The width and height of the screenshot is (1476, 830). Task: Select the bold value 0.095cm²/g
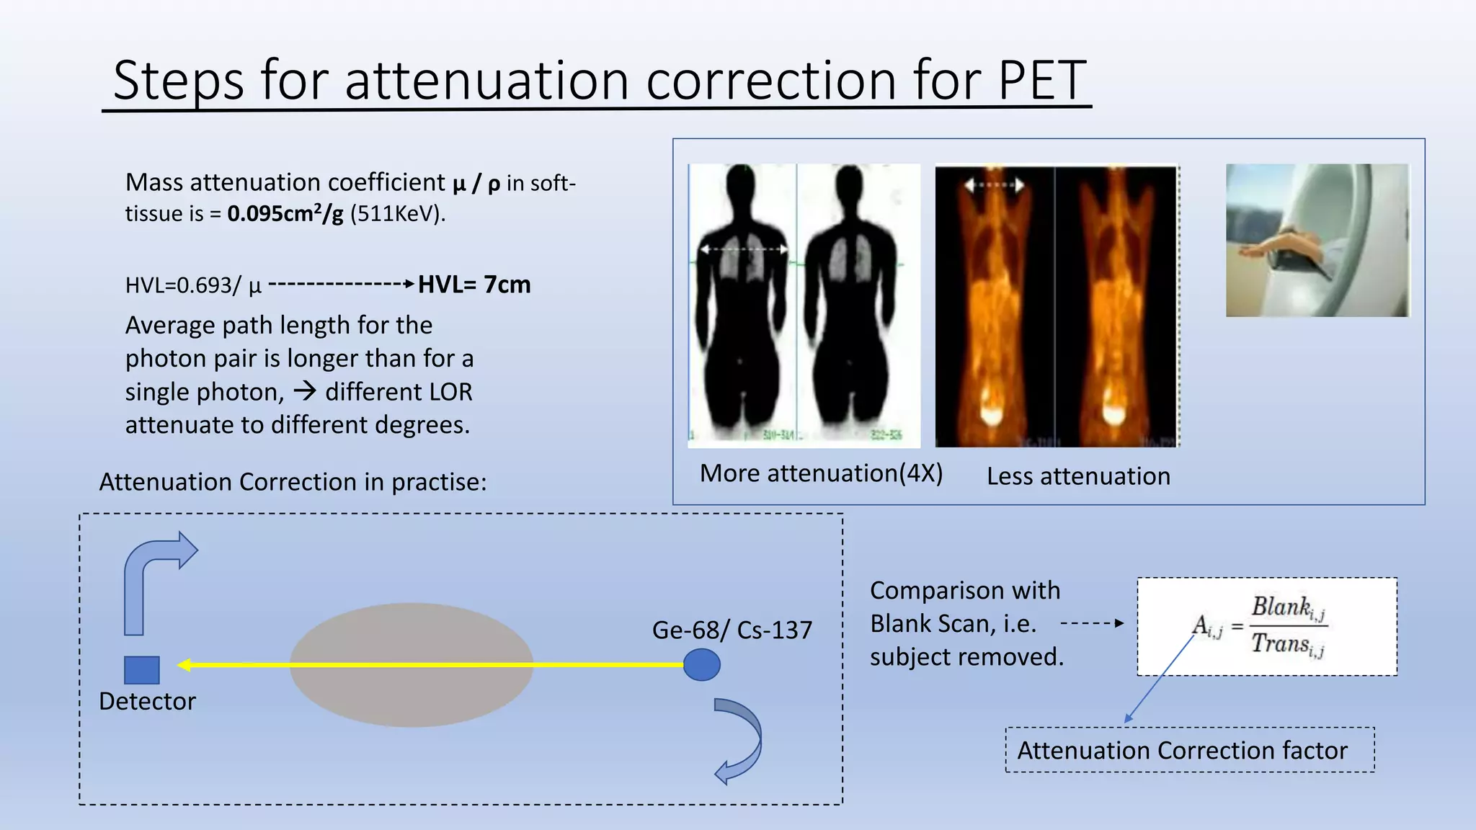pos(285,214)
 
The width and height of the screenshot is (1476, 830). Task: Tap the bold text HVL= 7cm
pos(474,285)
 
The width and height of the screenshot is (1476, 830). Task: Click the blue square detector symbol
pos(142,670)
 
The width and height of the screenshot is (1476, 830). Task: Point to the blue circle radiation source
pos(701,664)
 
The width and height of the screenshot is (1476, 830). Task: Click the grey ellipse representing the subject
pos(412,692)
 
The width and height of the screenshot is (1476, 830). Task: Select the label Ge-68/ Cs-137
pos(732,630)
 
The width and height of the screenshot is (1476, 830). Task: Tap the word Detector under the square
pos(147,701)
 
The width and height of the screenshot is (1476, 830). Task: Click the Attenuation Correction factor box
pos(1189,750)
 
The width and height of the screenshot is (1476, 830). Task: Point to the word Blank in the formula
pos(1280,607)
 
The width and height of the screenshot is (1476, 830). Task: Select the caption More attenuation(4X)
pos(821,473)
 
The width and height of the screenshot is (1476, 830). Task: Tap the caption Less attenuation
pos(1078,476)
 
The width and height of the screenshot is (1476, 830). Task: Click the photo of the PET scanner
pos(1317,240)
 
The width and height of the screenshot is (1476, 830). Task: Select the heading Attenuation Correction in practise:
pos(293,482)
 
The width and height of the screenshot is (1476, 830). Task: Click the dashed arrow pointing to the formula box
pos(1091,623)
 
